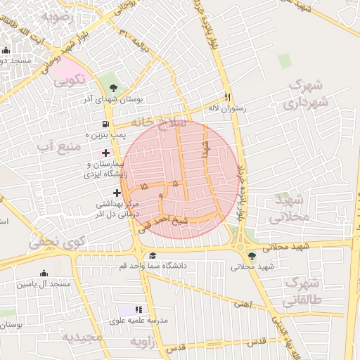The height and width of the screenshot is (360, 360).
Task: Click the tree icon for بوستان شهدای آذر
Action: [x=115, y=87]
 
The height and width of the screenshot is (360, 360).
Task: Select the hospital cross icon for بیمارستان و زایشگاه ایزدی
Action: [x=105, y=153]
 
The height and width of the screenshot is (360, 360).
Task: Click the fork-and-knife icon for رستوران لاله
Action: [x=227, y=97]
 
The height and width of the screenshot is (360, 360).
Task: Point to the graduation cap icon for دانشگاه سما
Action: [x=153, y=255]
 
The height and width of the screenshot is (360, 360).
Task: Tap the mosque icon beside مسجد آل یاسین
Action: [x=44, y=273]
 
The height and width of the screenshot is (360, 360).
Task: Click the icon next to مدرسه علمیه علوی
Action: [x=139, y=309]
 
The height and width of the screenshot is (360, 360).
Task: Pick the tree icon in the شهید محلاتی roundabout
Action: [x=252, y=256]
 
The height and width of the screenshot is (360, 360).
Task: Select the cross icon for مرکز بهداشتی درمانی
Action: [x=117, y=193]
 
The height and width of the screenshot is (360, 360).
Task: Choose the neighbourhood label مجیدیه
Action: [x=81, y=337]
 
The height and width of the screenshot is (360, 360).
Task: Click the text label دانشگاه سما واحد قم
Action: [x=193, y=266]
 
